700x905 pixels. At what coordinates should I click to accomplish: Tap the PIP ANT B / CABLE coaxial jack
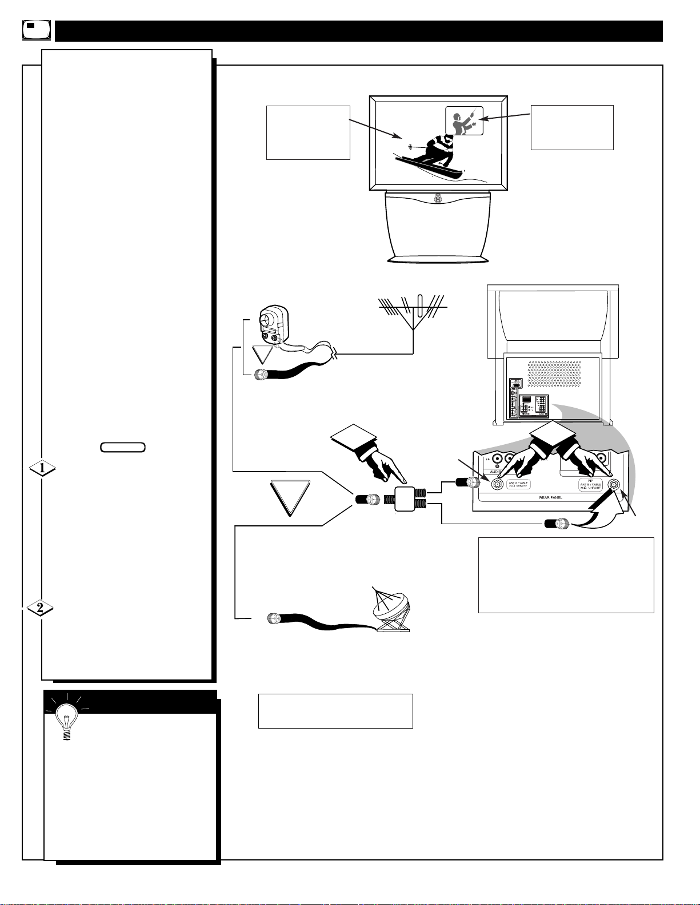(x=614, y=485)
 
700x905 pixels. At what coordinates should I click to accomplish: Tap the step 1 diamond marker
(x=43, y=469)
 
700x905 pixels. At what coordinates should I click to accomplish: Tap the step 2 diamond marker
(x=40, y=609)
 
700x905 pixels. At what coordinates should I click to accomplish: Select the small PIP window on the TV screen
(x=464, y=120)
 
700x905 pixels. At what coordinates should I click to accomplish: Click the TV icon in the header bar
(x=37, y=30)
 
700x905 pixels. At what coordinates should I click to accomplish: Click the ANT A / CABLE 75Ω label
(x=519, y=485)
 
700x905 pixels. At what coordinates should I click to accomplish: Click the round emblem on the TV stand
(x=438, y=200)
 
